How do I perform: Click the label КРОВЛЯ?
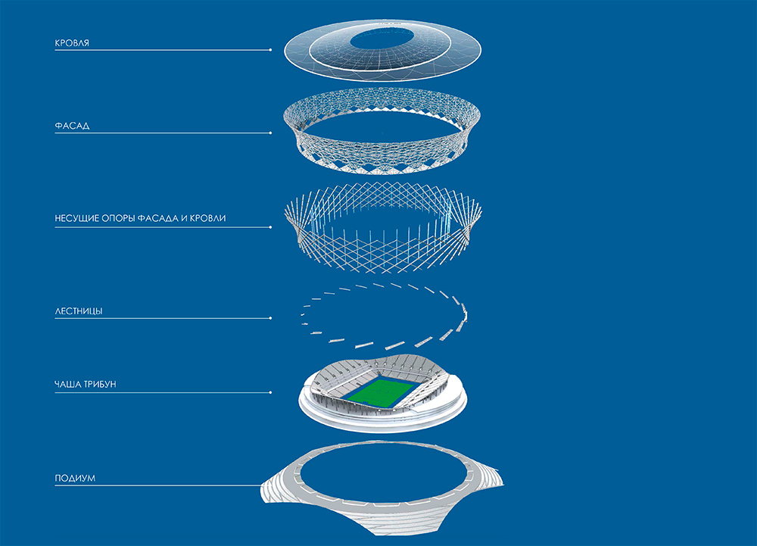tap(72, 43)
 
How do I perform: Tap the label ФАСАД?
tap(72, 126)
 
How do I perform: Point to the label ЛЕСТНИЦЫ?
tap(79, 311)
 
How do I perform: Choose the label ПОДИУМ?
tap(75, 479)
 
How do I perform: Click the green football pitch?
tap(381, 391)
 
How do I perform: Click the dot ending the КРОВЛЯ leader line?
tap(270, 50)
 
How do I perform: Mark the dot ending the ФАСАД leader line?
tap(270, 133)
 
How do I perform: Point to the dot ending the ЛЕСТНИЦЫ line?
tap(270, 318)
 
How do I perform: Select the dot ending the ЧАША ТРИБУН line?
tap(270, 392)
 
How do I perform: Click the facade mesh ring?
tap(382, 130)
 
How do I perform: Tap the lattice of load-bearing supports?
tap(383, 228)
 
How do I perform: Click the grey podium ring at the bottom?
tap(382, 488)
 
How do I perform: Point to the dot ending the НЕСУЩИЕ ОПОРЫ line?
tap(270, 227)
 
